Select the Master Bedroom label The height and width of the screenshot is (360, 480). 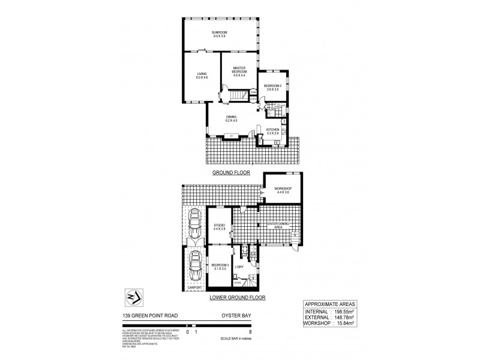[x=240, y=72]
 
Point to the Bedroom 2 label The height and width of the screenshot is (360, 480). [x=272, y=88]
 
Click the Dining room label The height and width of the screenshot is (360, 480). [x=232, y=118]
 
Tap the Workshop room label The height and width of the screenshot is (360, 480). [x=282, y=190]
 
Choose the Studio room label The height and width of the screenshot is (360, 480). [x=219, y=227]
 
